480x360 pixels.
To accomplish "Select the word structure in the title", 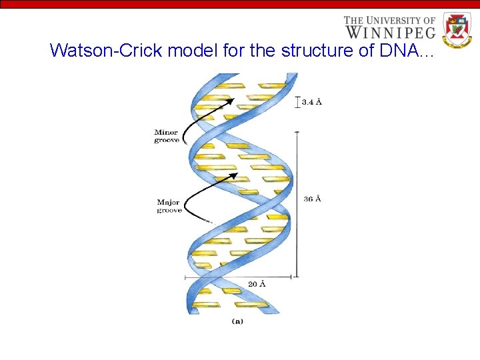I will click(319, 51).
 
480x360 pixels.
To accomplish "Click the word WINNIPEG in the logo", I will click(390, 31).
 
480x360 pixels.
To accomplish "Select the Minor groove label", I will click(166, 136).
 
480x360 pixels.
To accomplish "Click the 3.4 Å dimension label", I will click(311, 102).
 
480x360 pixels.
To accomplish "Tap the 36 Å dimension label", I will click(312, 199).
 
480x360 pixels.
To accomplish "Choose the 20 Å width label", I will click(257, 284).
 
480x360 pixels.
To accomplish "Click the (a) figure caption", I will click(237, 321).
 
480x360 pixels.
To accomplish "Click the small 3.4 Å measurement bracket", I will click(297, 102).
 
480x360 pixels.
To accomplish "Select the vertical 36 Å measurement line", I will click(297, 200).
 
